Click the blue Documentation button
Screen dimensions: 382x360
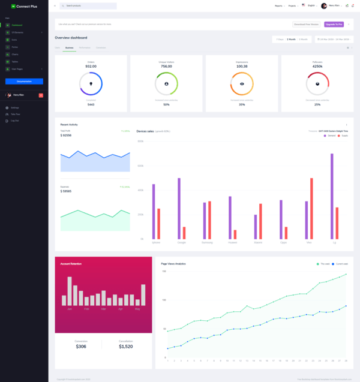[x=24, y=81]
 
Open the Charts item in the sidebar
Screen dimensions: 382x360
[x=14, y=54]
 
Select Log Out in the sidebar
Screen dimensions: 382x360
[x=14, y=121]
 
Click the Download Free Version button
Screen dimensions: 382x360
[x=306, y=25]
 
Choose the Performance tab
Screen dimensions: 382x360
[x=85, y=47]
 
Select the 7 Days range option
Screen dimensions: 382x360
[x=280, y=39]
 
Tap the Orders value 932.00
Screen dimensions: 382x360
[x=91, y=67]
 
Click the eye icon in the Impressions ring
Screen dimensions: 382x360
[x=242, y=84]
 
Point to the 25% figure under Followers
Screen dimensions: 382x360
[x=317, y=104]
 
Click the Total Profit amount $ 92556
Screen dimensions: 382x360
[x=66, y=136]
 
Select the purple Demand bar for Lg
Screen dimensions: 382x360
[x=332, y=197]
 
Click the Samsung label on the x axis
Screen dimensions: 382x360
[x=207, y=242]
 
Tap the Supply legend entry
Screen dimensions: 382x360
[x=343, y=136]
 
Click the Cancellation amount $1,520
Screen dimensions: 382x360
[x=126, y=347]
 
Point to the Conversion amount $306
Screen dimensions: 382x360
[x=81, y=347]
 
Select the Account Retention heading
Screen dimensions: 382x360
[x=71, y=264]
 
